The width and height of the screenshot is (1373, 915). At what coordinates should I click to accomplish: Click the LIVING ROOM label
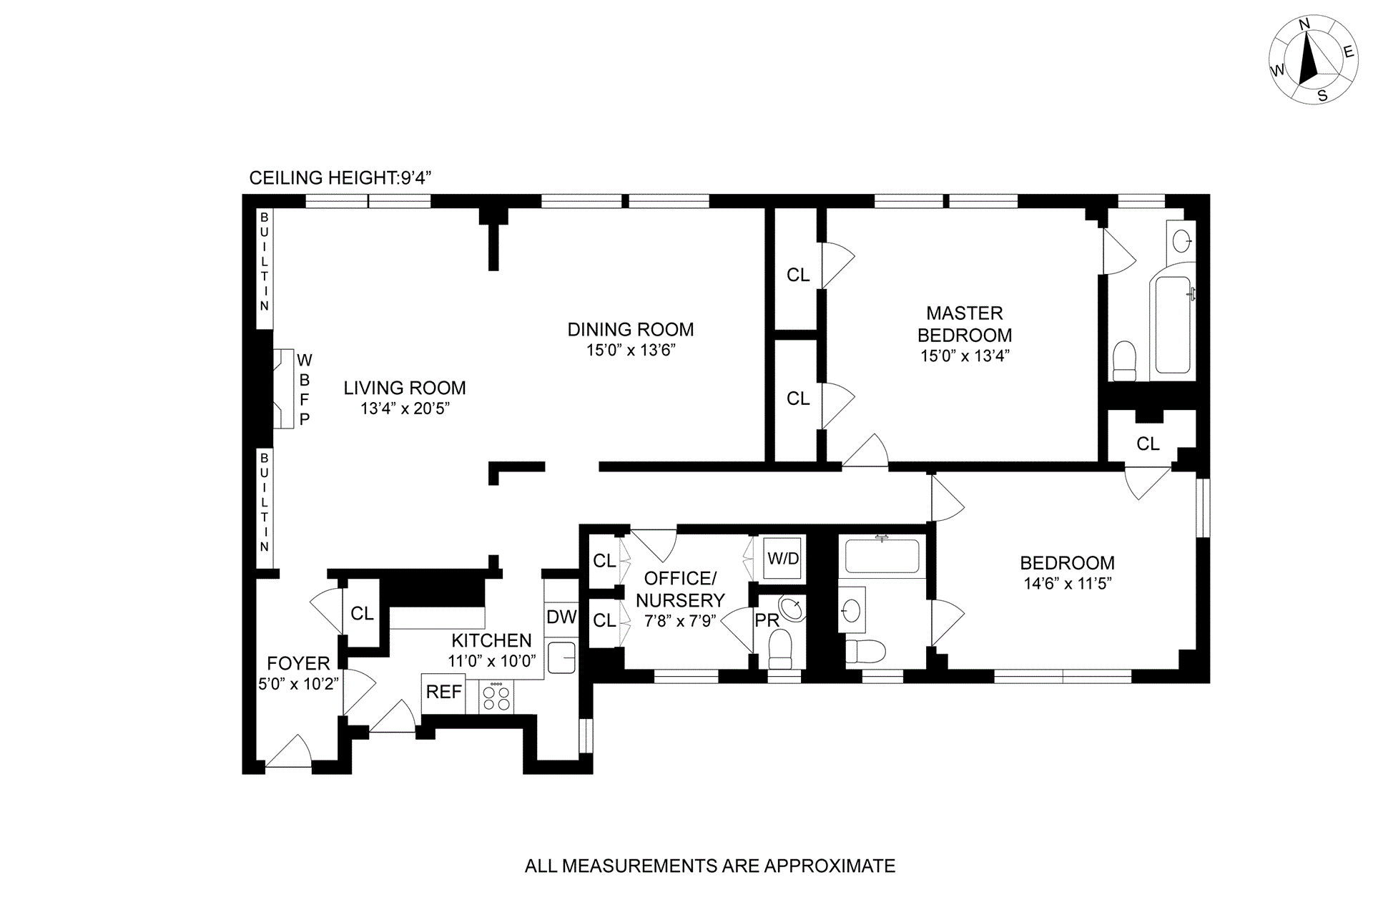tap(404, 388)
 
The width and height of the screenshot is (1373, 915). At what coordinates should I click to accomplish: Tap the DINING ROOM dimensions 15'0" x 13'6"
tap(630, 351)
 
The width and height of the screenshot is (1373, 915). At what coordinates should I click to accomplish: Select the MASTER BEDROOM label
tap(965, 324)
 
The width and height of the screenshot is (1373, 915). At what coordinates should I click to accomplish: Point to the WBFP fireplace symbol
tap(284, 388)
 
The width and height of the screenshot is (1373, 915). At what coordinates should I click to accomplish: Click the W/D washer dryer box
tap(783, 557)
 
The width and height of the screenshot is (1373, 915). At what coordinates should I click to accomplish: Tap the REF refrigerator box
tap(443, 693)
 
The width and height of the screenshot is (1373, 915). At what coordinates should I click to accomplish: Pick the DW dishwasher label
tap(561, 617)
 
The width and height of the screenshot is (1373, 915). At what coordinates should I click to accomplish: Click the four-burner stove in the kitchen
tap(496, 698)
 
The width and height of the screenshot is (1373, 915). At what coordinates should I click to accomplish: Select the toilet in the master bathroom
tap(1125, 361)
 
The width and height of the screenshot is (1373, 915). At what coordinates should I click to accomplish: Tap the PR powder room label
tap(767, 620)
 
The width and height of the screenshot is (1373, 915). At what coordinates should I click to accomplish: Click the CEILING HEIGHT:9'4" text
tap(340, 178)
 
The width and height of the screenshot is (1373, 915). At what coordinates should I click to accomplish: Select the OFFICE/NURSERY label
tap(680, 589)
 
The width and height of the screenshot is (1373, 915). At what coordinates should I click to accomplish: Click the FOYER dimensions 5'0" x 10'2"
tap(298, 684)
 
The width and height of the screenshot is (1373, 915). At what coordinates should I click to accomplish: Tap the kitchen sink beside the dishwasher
tap(562, 657)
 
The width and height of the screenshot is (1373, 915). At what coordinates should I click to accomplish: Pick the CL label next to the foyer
tap(362, 613)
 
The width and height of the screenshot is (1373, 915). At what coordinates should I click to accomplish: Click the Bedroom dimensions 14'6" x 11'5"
tap(1067, 583)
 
